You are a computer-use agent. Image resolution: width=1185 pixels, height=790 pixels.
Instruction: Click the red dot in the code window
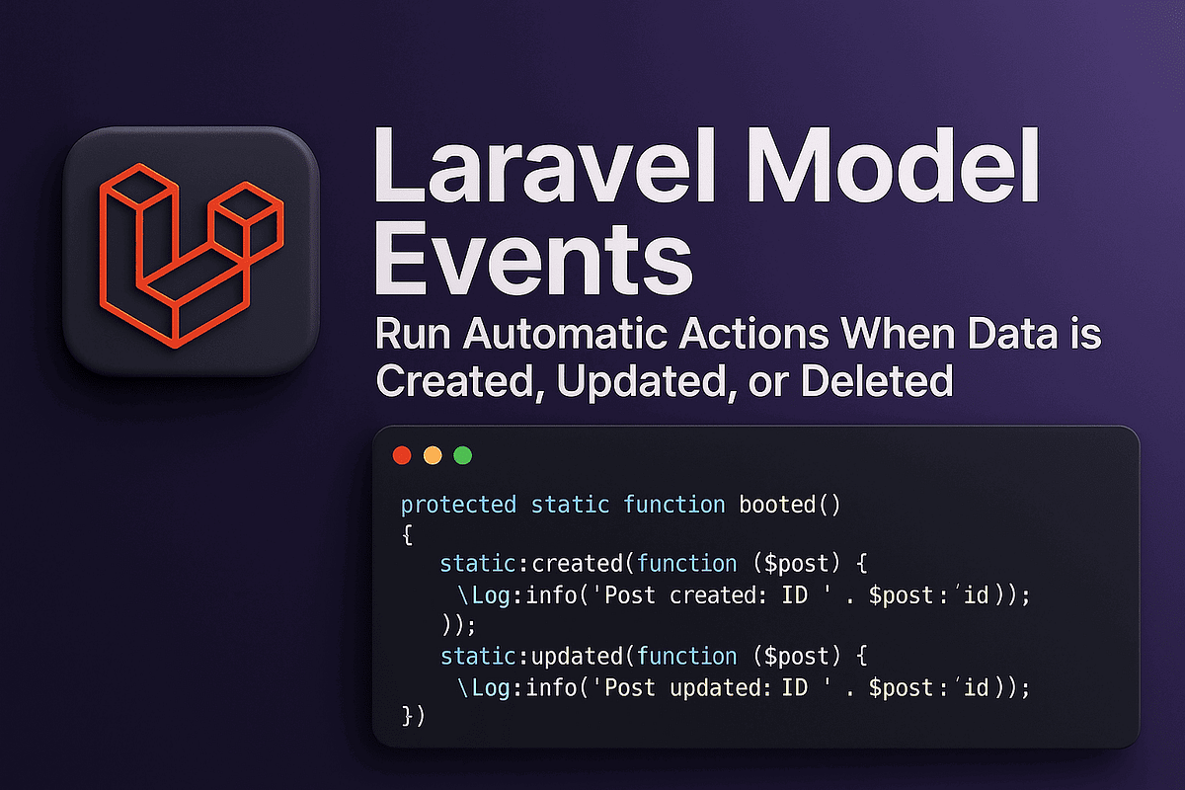(x=402, y=455)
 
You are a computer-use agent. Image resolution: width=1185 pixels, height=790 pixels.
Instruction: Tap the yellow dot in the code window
(x=432, y=455)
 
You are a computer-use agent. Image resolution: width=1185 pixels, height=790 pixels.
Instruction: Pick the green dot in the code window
(x=462, y=455)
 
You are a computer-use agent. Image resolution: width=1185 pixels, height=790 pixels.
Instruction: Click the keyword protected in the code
(x=458, y=505)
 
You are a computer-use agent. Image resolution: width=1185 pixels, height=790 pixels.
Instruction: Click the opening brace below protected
(x=406, y=534)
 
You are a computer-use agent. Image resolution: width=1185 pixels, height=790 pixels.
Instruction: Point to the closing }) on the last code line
(x=413, y=716)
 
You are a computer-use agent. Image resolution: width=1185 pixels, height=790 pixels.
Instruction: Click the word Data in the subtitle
(x=1011, y=335)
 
